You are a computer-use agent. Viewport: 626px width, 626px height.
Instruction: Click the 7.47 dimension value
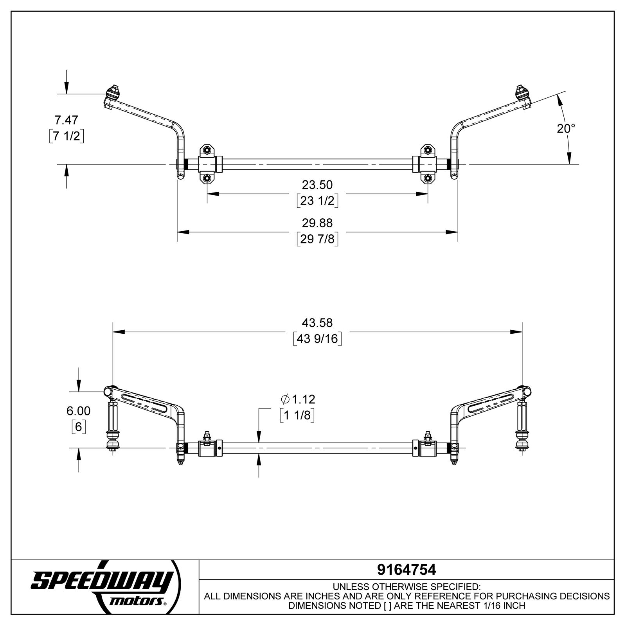point(66,120)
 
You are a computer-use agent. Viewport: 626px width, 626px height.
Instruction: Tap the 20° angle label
point(566,128)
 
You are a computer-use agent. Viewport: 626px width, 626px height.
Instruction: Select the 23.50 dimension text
point(317,184)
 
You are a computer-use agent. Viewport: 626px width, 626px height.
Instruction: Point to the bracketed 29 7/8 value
point(317,239)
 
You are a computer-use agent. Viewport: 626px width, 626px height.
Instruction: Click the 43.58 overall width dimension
point(317,323)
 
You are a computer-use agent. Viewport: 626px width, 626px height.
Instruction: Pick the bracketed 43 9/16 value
point(317,338)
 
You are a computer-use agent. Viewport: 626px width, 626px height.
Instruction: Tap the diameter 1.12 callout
point(298,399)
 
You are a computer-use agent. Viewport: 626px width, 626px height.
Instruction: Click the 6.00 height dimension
point(78,411)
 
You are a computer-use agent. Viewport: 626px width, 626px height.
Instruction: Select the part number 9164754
point(406,570)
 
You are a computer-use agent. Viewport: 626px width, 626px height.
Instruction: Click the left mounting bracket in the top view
point(207,164)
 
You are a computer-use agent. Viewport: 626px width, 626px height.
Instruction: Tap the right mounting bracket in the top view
point(428,164)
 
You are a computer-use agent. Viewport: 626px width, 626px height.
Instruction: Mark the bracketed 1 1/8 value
point(297,416)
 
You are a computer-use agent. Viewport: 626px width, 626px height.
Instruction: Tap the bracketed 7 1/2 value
point(66,136)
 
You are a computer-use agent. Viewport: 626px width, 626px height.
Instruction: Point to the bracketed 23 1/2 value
point(317,200)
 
